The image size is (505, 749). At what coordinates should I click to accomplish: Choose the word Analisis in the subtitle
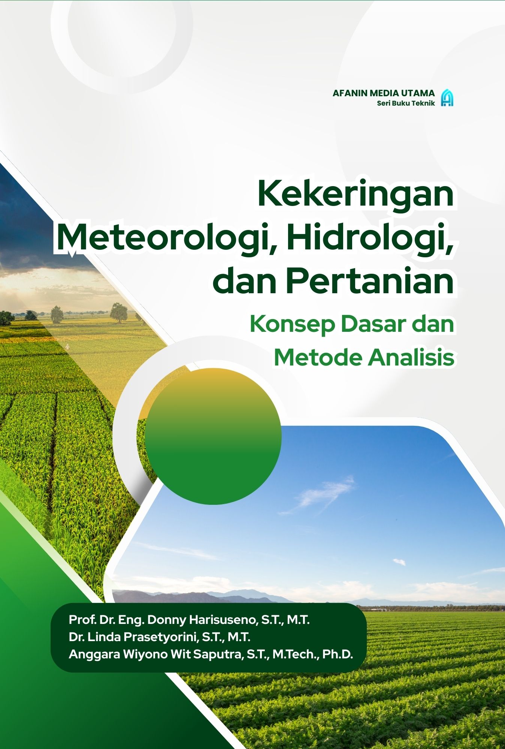pos(411,357)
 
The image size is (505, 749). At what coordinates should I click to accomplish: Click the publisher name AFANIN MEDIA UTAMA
pos(384,93)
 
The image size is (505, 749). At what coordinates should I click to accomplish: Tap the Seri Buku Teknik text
pos(406,103)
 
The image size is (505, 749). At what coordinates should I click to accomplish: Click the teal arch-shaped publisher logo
pos(447,98)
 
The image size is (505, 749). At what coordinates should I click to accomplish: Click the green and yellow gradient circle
pos(213,436)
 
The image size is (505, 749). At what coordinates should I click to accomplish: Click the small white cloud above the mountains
pos(399,562)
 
